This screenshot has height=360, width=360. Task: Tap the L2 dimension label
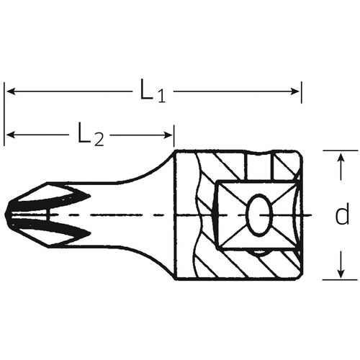91,134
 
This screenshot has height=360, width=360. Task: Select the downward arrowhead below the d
338,273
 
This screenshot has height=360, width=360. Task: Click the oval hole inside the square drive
258,215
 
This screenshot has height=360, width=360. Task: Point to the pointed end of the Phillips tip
7,215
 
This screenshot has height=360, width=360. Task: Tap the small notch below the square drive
257,251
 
